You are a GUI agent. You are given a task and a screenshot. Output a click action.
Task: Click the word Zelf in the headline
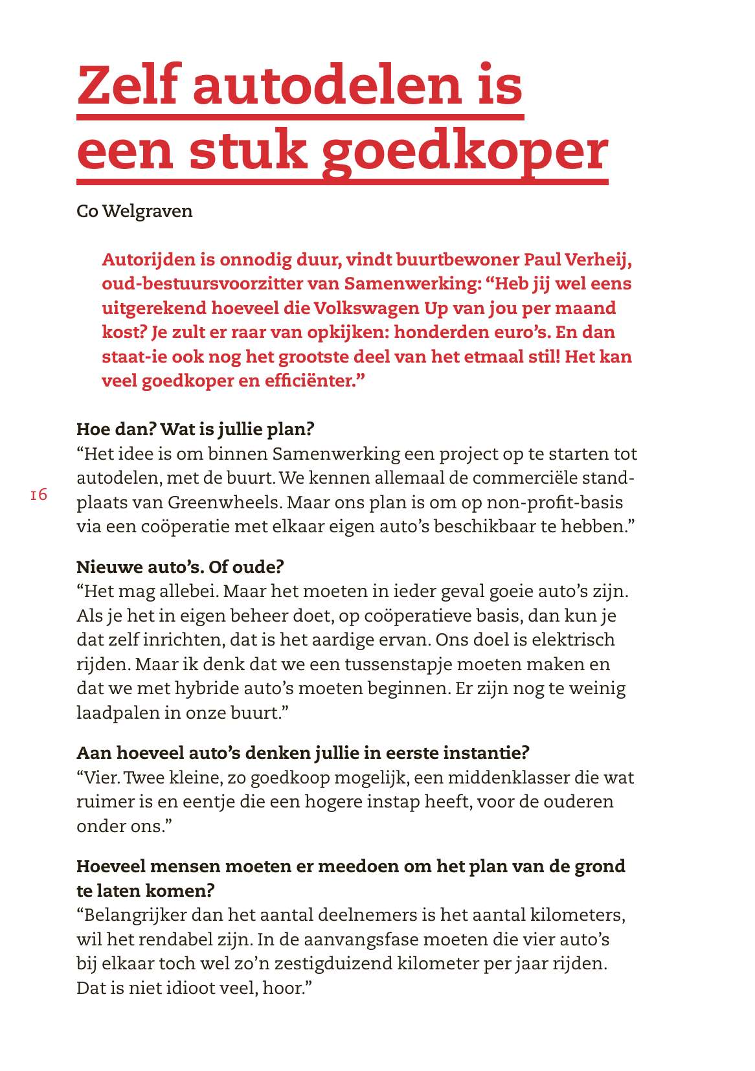click(x=128, y=85)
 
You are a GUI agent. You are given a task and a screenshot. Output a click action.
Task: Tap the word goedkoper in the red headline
click(x=464, y=152)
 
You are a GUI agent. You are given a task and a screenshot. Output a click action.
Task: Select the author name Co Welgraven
click(x=135, y=211)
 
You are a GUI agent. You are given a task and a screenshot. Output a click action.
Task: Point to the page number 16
click(x=38, y=495)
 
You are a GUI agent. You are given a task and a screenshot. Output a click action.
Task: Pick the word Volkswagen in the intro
click(x=366, y=308)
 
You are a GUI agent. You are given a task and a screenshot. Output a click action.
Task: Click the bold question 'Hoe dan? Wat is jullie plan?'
click(x=195, y=429)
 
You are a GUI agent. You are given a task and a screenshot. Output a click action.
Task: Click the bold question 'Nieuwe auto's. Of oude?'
click(x=180, y=567)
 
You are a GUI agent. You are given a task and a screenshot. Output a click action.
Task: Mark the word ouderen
click(x=578, y=802)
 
